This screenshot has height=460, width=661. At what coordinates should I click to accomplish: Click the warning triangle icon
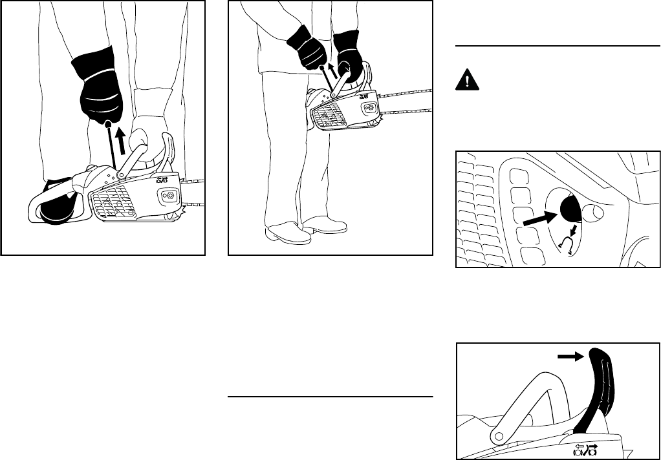click(x=466, y=79)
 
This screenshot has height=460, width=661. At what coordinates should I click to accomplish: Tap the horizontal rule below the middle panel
click(x=330, y=397)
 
